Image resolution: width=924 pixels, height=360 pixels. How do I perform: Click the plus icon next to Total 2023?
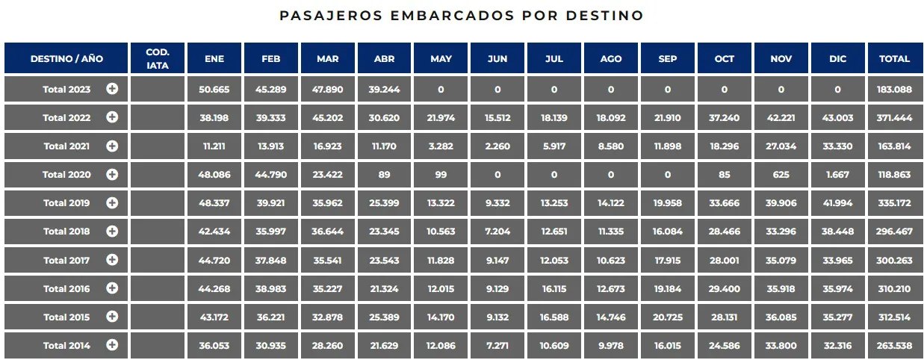coord(112,89)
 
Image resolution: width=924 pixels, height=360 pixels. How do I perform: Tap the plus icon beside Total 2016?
coord(112,288)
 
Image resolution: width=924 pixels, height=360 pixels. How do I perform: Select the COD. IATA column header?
coord(158,58)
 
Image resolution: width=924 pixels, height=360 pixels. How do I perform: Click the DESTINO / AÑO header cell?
coord(66,58)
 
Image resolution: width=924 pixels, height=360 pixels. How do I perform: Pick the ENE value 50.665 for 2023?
coord(214,90)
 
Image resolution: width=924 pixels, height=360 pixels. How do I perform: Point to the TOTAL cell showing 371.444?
coord(894,118)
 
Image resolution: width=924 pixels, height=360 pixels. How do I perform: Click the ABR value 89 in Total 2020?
coord(385,175)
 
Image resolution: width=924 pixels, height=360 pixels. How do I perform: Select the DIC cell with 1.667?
coord(837,175)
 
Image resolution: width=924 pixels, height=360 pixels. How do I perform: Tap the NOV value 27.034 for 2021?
coord(781,146)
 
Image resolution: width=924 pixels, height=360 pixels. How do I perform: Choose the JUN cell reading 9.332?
coord(497,203)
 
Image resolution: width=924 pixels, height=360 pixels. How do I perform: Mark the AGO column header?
coord(610,58)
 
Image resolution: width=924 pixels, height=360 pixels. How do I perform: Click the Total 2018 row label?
coord(66,232)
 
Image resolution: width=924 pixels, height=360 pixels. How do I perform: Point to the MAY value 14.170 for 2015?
coord(441,317)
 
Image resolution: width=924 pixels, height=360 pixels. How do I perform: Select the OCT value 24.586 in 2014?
coord(724,345)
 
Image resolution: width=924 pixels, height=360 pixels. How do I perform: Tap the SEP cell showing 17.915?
coord(667,260)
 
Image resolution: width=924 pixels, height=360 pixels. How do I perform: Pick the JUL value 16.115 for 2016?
coord(554,288)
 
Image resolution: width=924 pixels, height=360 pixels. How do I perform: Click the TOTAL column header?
coord(894,58)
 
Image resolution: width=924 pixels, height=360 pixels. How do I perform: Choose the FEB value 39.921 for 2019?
coord(271,203)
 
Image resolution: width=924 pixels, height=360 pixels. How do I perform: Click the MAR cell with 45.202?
coord(327,118)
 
